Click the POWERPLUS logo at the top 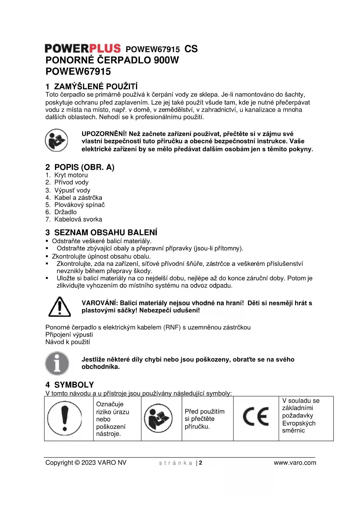tap(83, 48)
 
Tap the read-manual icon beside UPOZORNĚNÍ tap(57, 140)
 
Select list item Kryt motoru tap(71, 175)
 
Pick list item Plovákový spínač tap(79, 205)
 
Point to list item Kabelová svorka tap(78, 219)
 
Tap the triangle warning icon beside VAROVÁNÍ tap(59, 307)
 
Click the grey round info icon tap(57, 363)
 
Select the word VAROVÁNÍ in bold tap(100, 303)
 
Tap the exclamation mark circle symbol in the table tap(65, 418)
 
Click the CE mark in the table tap(256, 416)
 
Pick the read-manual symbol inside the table tap(158, 418)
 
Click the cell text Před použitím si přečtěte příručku tap(205, 419)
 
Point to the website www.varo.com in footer tap(295, 463)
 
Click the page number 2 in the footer tap(200, 463)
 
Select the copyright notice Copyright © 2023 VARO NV tap(86, 463)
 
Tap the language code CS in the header tap(191, 49)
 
